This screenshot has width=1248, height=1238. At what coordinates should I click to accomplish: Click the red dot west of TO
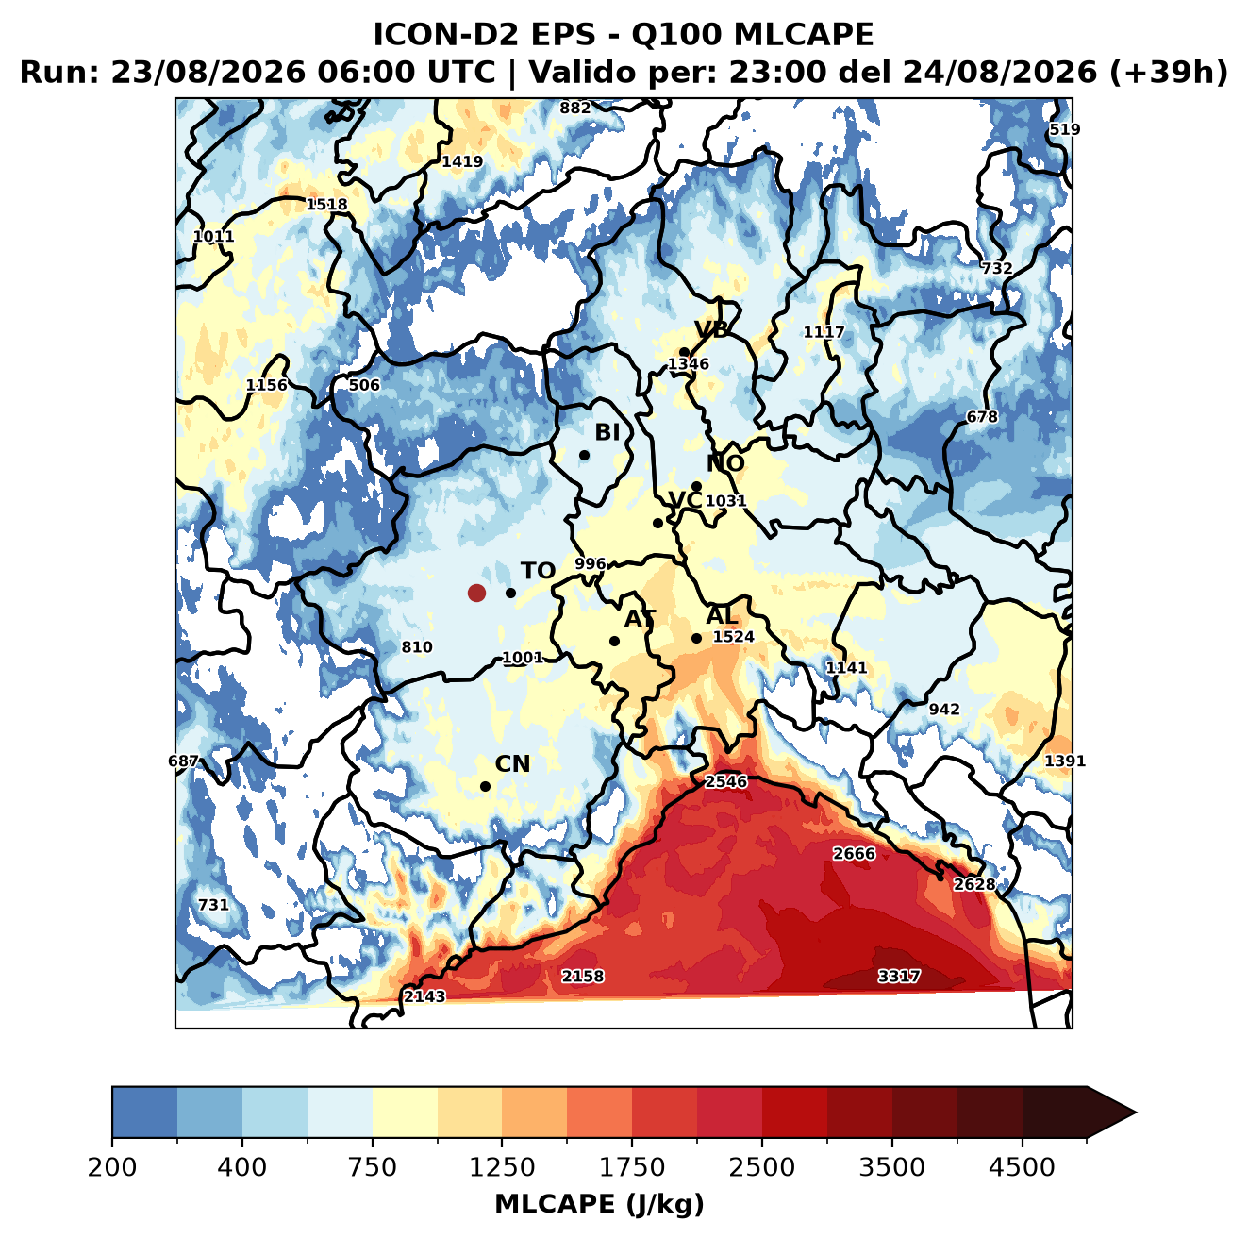pyautogui.click(x=476, y=593)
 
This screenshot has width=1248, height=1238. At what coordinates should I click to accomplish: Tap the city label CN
pyautogui.click(x=512, y=764)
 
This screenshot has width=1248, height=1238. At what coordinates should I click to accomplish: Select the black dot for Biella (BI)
pyautogui.click(x=584, y=456)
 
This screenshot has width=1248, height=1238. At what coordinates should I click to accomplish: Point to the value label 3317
pyautogui.click(x=898, y=976)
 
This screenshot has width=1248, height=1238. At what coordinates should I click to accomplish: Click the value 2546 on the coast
pyautogui.click(x=726, y=781)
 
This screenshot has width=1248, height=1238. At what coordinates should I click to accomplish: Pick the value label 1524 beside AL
pyautogui.click(x=733, y=637)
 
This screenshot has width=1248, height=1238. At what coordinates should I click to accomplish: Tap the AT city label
pyautogui.click(x=640, y=619)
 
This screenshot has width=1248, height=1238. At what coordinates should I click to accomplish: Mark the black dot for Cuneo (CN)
pyautogui.click(x=485, y=786)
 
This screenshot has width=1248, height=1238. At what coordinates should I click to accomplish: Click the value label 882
pyautogui.click(x=575, y=109)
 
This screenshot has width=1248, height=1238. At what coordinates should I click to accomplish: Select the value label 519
pyautogui.click(x=1065, y=129)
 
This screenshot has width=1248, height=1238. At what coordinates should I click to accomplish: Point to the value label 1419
pyautogui.click(x=462, y=162)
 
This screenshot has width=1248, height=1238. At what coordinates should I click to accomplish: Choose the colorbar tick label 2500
pyautogui.click(x=761, y=1167)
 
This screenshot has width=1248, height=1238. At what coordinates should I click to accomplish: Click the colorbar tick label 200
pyautogui.click(x=112, y=1167)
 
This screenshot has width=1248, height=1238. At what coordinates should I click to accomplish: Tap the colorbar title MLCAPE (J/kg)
pyautogui.click(x=599, y=1204)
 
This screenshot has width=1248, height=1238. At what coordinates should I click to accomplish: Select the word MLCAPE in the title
pyautogui.click(x=804, y=34)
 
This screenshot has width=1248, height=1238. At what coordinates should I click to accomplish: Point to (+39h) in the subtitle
pyautogui.click(x=1169, y=73)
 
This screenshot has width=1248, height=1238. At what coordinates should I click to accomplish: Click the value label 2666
pyautogui.click(x=855, y=854)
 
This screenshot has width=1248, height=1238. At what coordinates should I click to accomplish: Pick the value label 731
pyautogui.click(x=214, y=904)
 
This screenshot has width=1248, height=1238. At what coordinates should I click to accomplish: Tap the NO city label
pyautogui.click(x=725, y=463)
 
